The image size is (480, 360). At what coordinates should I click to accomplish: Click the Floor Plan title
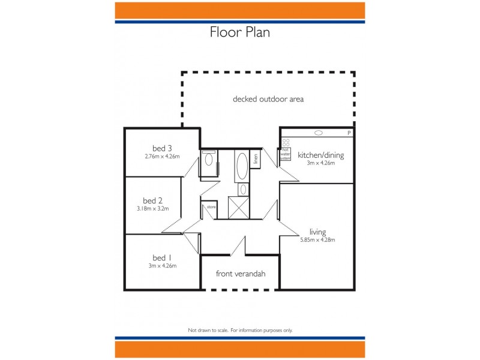pyautogui.click(x=239, y=32)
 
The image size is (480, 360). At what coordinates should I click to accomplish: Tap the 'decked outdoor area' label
pyautogui.click(x=268, y=99)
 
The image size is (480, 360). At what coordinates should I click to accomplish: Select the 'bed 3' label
pyautogui.click(x=162, y=148)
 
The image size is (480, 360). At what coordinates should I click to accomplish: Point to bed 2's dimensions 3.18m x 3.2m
pyautogui.click(x=153, y=209)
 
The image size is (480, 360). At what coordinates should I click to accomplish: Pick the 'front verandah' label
pyautogui.click(x=241, y=274)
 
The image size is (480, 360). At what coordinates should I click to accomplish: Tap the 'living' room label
pyautogui.click(x=317, y=232)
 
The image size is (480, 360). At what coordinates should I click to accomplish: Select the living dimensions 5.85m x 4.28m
pyautogui.click(x=317, y=240)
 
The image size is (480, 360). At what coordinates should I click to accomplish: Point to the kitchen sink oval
pyautogui.click(x=319, y=133)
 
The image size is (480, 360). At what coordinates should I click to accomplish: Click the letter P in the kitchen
pyautogui.click(x=349, y=133)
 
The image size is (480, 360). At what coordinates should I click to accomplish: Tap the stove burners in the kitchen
pyautogui.click(x=286, y=143)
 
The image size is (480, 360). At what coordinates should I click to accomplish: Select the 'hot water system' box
pyautogui.click(x=286, y=154)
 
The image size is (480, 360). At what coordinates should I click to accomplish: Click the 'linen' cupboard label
pyautogui.click(x=256, y=159)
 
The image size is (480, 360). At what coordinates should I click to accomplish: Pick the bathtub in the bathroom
pyautogui.click(x=241, y=166)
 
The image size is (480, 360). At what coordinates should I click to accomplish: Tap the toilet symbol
pyautogui.click(x=208, y=159)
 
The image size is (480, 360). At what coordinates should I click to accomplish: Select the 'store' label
pyautogui.click(x=211, y=208)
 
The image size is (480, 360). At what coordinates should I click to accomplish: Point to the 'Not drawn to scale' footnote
pyautogui.click(x=240, y=330)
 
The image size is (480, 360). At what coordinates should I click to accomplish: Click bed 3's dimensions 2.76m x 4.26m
pyautogui.click(x=162, y=157)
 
